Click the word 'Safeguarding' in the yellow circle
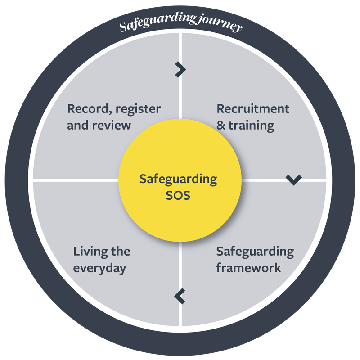click(178, 180)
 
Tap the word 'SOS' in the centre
click(178, 196)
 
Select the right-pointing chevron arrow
click(181, 69)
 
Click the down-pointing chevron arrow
click(294, 180)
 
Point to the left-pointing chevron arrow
click(179, 296)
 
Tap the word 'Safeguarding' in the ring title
click(158, 22)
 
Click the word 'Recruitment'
click(253, 109)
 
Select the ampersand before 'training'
click(221, 126)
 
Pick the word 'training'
click(252, 126)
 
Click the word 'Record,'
click(90, 109)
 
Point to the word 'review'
click(112, 126)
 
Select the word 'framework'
click(249, 268)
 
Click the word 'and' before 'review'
click(78, 126)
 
